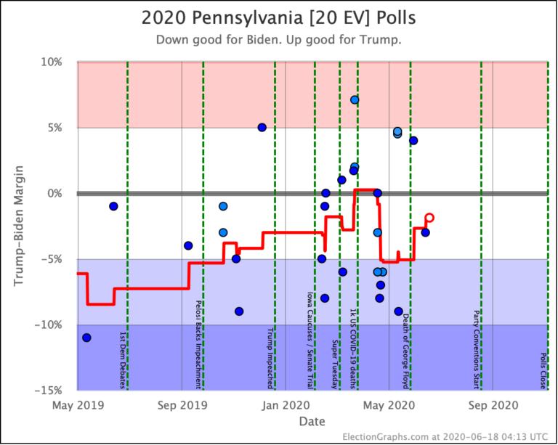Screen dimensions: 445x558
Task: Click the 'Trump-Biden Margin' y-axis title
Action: click(20, 226)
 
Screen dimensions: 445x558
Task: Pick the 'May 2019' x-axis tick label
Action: click(77, 404)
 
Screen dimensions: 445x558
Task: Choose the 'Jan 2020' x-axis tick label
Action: click(286, 404)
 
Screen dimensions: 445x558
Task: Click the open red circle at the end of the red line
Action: click(429, 217)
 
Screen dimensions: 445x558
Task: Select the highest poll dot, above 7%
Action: click(355, 100)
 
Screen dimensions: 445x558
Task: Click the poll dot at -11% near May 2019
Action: click(86, 338)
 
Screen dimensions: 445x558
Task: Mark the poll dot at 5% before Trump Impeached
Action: click(262, 127)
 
